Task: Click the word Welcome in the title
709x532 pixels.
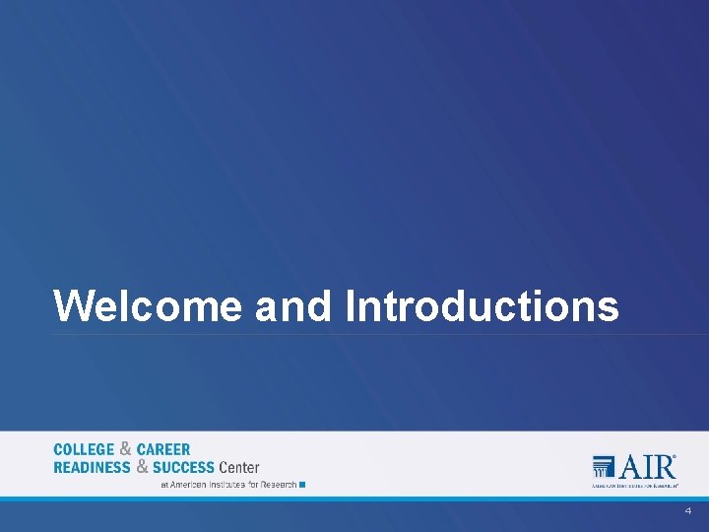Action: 148,306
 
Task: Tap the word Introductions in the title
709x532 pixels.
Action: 483,306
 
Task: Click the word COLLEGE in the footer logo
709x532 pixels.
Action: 84,450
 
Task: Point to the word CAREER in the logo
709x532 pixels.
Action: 163,450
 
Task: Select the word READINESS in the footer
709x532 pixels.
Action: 92,467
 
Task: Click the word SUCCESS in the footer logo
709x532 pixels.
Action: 183,467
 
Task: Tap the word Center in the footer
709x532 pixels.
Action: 239,467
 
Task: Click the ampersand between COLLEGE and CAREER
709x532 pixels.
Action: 125,449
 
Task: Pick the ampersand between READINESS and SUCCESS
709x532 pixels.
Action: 143,466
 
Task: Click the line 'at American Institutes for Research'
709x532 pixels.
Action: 228,485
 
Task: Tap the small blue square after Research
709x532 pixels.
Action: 302,485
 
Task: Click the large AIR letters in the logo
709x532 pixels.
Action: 647,466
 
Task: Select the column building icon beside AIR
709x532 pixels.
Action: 605,467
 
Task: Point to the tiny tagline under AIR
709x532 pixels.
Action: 634,486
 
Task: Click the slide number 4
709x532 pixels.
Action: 688,512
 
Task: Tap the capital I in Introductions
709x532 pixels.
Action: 351,306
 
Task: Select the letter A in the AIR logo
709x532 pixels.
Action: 631,466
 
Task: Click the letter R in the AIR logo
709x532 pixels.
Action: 664,466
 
